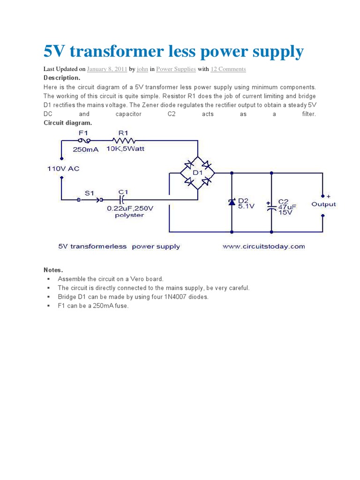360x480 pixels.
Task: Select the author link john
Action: (142, 69)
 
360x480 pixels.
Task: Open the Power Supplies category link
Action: (176, 69)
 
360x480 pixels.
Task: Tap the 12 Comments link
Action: (228, 69)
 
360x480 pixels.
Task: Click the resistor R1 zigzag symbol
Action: (124, 140)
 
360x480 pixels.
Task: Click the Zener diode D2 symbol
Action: (232, 202)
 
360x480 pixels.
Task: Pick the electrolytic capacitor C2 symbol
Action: (271, 207)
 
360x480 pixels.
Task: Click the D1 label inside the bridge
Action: (197, 173)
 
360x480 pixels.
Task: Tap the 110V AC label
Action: (63, 168)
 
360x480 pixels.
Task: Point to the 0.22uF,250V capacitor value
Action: (130, 208)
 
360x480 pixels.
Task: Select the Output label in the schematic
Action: (323, 204)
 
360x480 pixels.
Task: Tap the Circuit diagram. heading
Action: (67, 123)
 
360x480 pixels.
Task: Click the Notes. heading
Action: (53, 270)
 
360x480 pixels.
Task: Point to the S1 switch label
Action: (89, 192)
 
